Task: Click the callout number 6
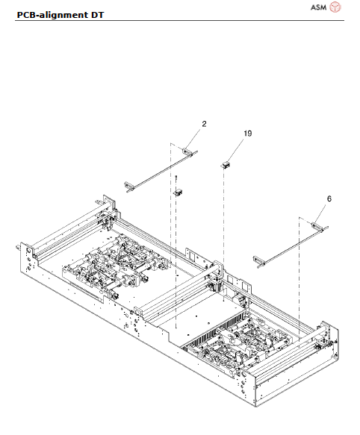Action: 329,199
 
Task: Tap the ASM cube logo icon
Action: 336,7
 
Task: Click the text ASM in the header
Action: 318,7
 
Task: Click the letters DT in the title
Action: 98,14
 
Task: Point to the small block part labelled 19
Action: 224,164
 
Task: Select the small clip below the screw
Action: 179,193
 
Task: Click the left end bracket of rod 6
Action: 258,259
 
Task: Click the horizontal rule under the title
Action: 180,21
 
